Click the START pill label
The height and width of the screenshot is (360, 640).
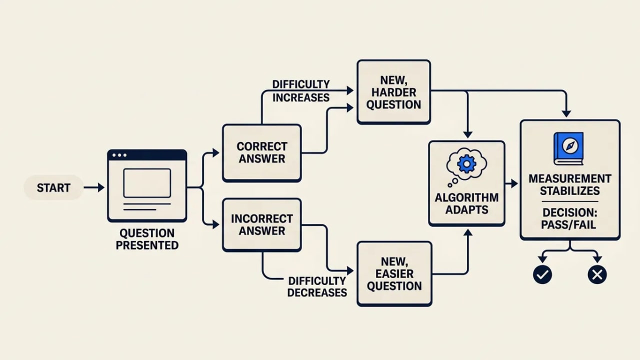coord(53,187)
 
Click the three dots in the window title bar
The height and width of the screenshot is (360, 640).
coord(119,155)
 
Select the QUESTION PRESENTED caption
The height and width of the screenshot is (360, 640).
coord(147,239)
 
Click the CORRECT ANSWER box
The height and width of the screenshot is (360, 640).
coord(262,153)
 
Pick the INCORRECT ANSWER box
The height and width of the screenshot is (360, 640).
coord(262,225)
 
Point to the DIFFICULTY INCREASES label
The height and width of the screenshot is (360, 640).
coord(301,91)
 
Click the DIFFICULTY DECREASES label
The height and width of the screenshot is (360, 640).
coord(317,287)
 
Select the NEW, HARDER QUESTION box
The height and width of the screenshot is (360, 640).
coord(393,92)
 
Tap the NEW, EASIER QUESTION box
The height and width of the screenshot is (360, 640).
coord(394,273)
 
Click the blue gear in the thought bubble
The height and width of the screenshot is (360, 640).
coord(466,163)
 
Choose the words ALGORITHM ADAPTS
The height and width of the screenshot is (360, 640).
coord(466,203)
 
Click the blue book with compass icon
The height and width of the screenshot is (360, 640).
coord(568,148)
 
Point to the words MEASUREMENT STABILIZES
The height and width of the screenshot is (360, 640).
coord(570,185)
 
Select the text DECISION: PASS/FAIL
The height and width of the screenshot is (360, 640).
coord(569,218)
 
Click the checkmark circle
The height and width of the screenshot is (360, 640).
coord(542,274)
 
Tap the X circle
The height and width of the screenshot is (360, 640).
coord(597,274)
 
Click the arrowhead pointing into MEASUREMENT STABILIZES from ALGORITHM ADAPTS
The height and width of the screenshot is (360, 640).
coord(514,183)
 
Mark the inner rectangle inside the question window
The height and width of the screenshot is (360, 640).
coord(147,183)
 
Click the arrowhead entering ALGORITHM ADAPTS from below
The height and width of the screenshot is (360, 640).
coord(467,232)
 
